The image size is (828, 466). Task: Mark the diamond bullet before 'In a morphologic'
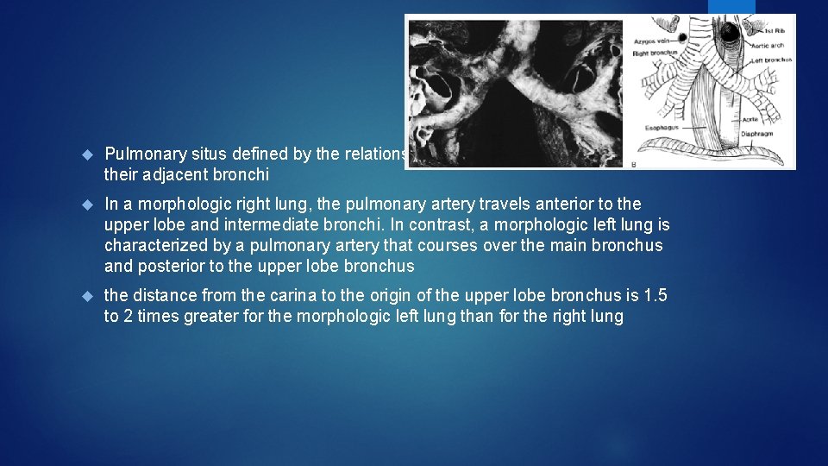(86, 204)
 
